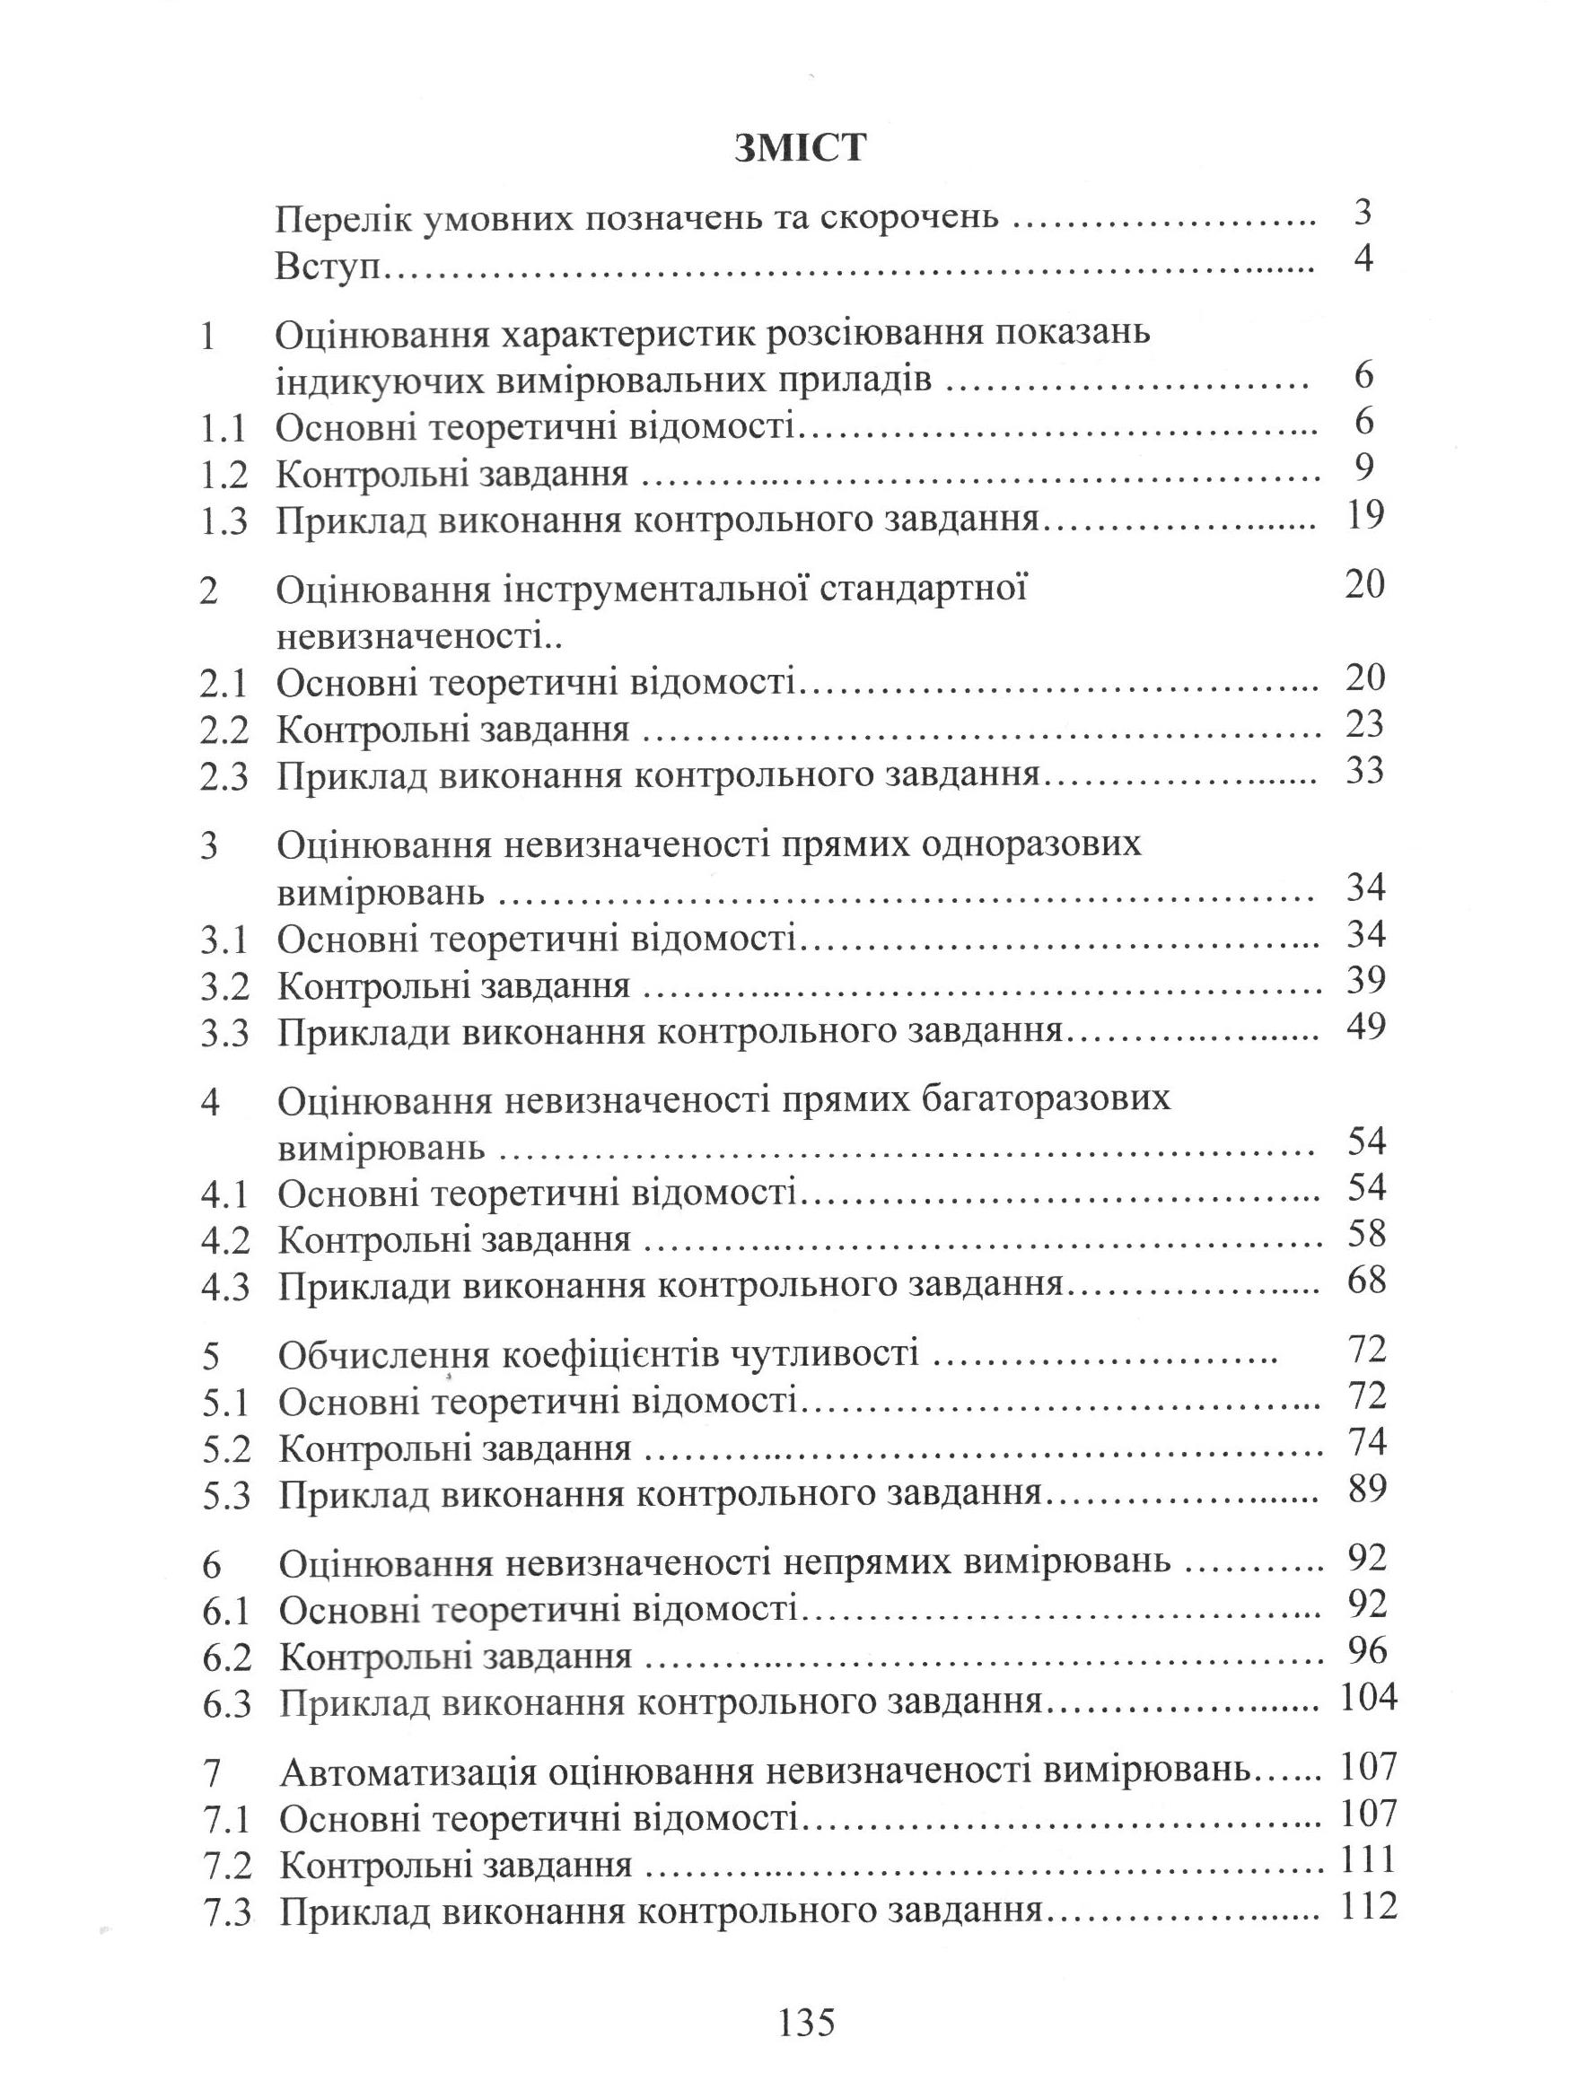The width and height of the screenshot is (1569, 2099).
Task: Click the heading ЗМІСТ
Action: [x=799, y=149]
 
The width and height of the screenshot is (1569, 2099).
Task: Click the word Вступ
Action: [x=327, y=265]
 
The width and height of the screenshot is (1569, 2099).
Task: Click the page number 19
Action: [x=1365, y=516]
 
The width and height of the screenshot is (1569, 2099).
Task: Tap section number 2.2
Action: [x=224, y=730]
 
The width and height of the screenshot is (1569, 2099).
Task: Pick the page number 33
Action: [x=1365, y=771]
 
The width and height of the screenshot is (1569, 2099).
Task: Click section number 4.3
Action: [x=225, y=1288]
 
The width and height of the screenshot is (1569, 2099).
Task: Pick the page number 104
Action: [x=1368, y=1698]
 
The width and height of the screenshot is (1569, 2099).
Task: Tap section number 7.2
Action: [x=227, y=1865]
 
